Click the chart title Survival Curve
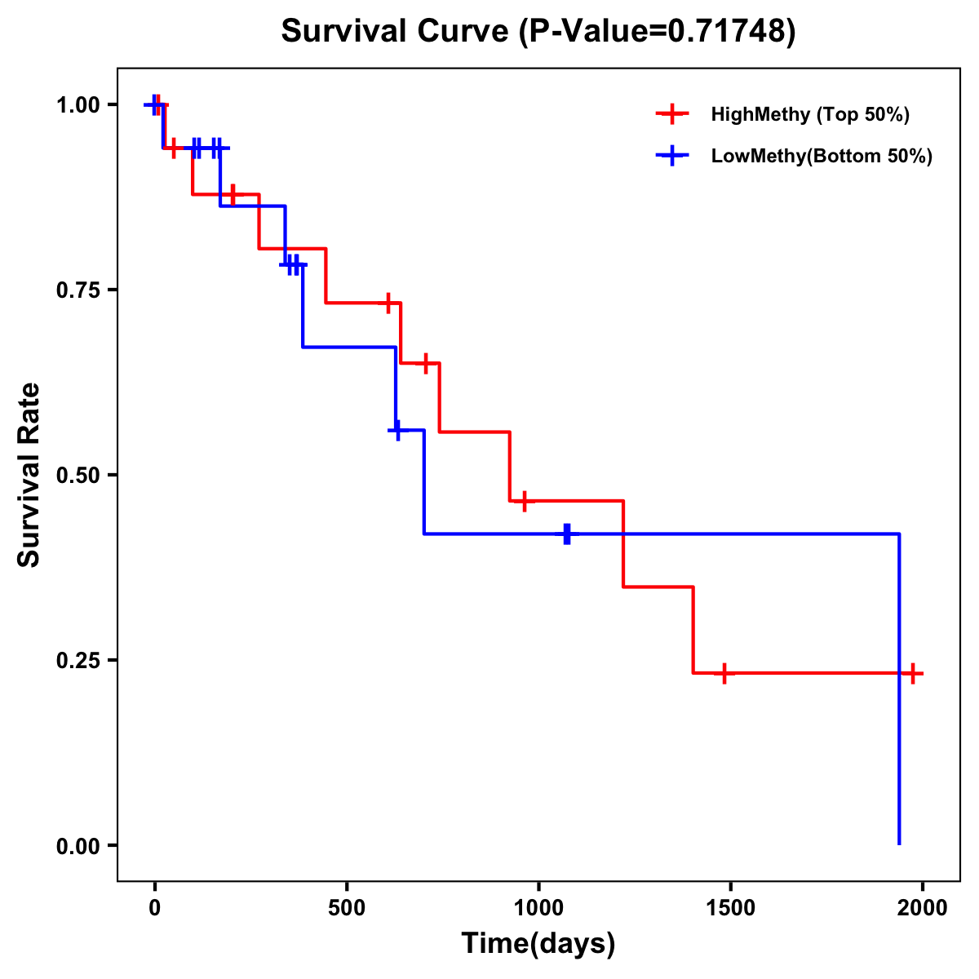tap(396, 32)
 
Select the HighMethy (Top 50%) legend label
tap(809, 114)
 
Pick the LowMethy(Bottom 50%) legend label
tap(822, 156)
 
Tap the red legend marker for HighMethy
tap(671, 114)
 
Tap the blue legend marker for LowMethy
tap(671, 156)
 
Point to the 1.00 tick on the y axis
tap(78, 105)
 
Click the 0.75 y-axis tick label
tap(78, 290)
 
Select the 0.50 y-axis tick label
tap(78, 476)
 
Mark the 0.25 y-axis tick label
tap(78, 661)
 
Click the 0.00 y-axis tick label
tap(78, 846)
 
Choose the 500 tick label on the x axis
tap(347, 908)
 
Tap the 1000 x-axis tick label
tap(538, 908)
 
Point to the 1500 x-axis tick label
tap(730, 908)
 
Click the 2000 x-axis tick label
tap(922, 908)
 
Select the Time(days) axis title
tap(538, 944)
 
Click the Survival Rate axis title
tap(29, 475)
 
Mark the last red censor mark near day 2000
tap(913, 674)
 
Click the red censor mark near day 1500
tap(724, 674)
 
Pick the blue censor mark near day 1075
tap(567, 534)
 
